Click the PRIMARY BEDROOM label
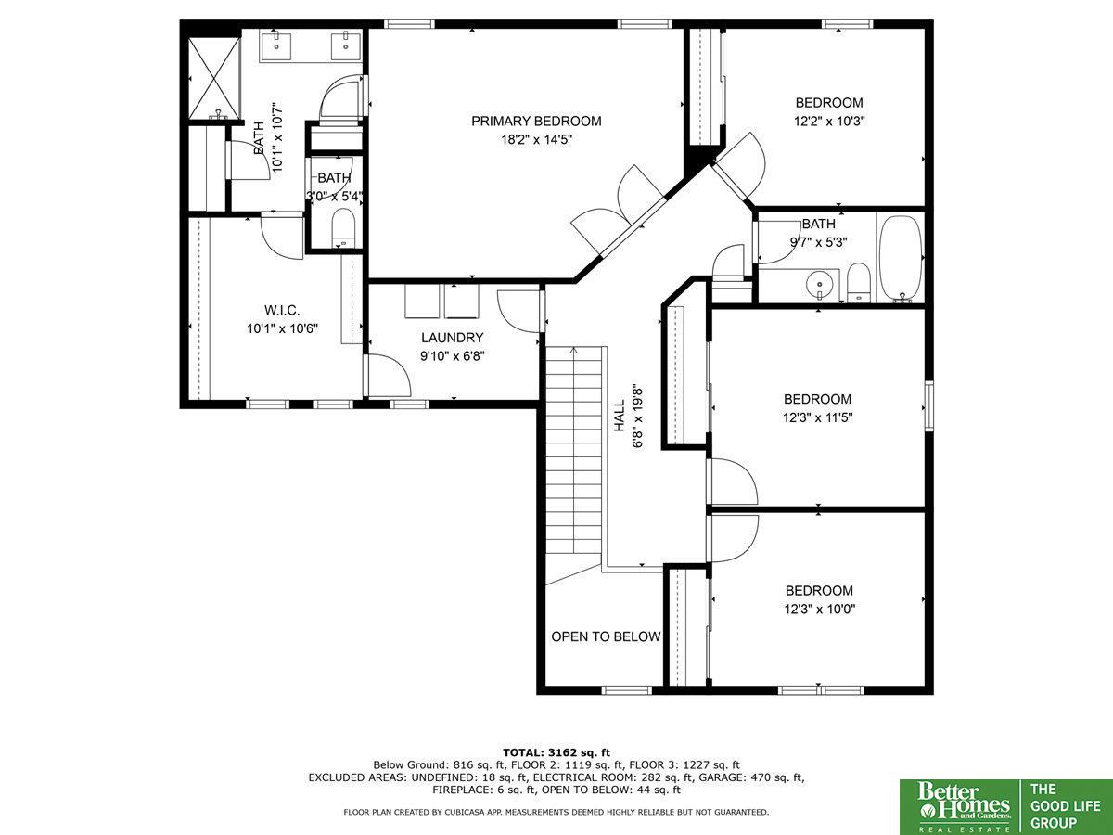click(x=536, y=122)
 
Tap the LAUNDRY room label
click(x=453, y=338)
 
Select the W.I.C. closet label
click(x=282, y=310)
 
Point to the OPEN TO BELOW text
click(x=606, y=636)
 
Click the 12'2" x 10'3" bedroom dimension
click(x=829, y=122)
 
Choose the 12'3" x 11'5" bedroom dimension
click(x=817, y=417)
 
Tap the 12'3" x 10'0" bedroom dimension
click(x=819, y=609)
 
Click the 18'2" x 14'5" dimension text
click(x=536, y=139)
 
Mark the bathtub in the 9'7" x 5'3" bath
click(x=901, y=259)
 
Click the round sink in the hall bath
click(x=819, y=285)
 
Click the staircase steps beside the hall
click(x=574, y=451)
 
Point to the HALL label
click(x=620, y=417)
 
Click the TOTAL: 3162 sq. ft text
click(x=556, y=752)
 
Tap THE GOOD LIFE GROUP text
click(x=1065, y=806)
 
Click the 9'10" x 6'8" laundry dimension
click(x=453, y=356)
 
